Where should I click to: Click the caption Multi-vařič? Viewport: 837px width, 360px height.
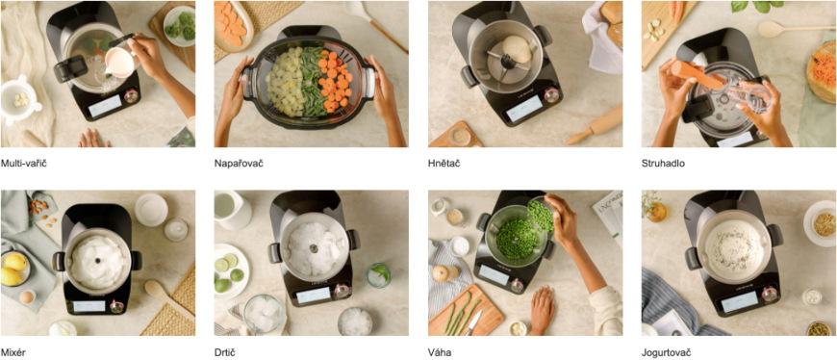pyautogui.click(x=23, y=164)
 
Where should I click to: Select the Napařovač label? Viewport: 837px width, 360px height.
pyautogui.click(x=239, y=164)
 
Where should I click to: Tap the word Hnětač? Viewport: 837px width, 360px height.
pyautogui.click(x=444, y=164)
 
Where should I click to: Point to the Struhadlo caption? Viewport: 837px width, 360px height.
pyautogui.click(x=663, y=164)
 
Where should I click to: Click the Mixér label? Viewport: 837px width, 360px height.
pyautogui.click(x=13, y=352)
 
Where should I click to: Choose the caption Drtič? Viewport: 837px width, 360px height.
pyautogui.click(x=225, y=352)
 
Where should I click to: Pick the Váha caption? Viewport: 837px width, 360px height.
pyautogui.click(x=440, y=352)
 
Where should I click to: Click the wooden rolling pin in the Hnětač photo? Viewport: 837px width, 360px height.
pyautogui.click(x=595, y=125)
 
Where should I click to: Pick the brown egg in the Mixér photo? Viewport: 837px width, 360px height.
pyautogui.click(x=27, y=297)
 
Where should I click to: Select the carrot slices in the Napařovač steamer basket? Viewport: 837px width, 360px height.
pyautogui.click(x=335, y=80)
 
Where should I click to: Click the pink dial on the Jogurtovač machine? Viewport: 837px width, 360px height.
pyautogui.click(x=770, y=294)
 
